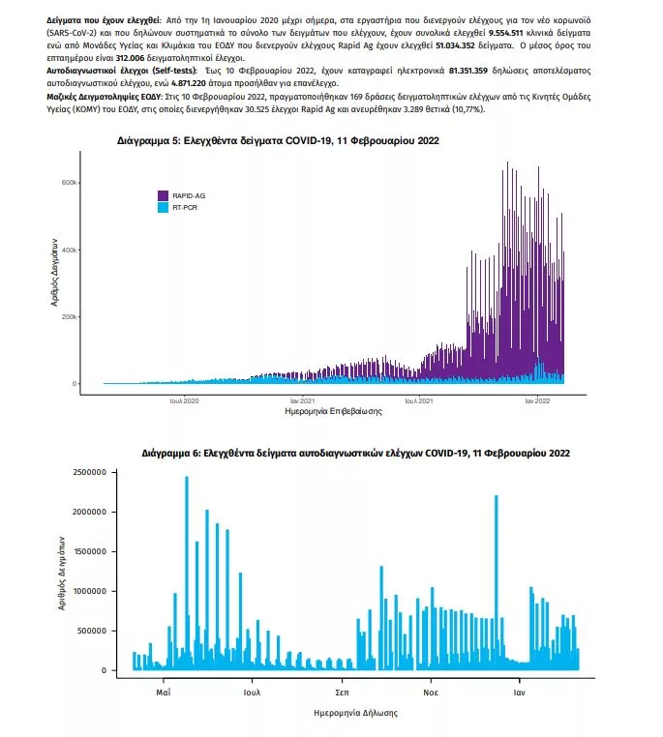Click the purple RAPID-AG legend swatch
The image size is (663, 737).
163,195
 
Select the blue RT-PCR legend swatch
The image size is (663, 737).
163,207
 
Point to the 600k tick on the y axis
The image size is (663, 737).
69,183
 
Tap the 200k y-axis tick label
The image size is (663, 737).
69,317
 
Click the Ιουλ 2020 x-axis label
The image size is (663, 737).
184,401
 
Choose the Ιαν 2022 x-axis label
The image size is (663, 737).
537,401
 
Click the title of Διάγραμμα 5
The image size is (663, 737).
278,140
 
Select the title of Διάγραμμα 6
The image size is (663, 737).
355,453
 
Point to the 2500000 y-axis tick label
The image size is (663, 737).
90,472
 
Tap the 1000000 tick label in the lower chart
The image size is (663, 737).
90,591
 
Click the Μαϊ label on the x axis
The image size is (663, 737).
164,693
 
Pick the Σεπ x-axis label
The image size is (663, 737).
342,693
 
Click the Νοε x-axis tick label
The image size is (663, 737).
431,693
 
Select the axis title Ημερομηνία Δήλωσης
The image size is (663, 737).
355,713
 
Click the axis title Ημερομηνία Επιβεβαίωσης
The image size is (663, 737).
333,411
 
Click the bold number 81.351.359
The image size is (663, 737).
468,71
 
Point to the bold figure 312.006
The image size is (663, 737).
130,58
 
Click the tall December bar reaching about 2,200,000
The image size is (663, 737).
497,583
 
